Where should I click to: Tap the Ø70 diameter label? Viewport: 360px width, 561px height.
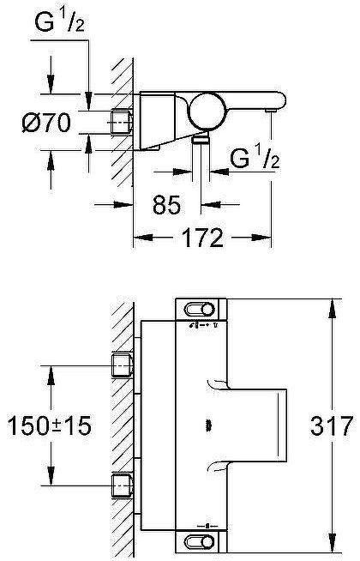(45, 122)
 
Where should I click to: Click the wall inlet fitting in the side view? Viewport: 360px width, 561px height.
(121, 122)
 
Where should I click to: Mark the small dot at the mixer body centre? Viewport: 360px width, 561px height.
(207, 425)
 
